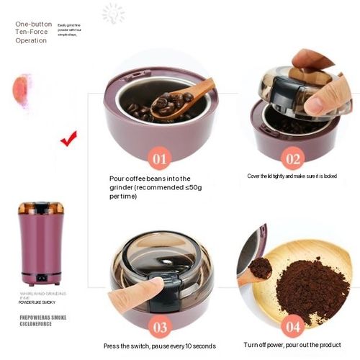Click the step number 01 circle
point(159,157)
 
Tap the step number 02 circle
point(293,158)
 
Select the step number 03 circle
point(161,325)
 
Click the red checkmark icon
point(68,137)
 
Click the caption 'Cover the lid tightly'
point(291,176)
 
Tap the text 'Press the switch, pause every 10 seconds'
point(158,346)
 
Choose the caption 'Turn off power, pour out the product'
point(292,345)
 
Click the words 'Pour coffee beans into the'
point(150,178)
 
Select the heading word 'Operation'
point(31,40)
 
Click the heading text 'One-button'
point(34,24)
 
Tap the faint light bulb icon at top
point(113,14)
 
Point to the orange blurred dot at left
point(20,88)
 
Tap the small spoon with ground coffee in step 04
point(256,270)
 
